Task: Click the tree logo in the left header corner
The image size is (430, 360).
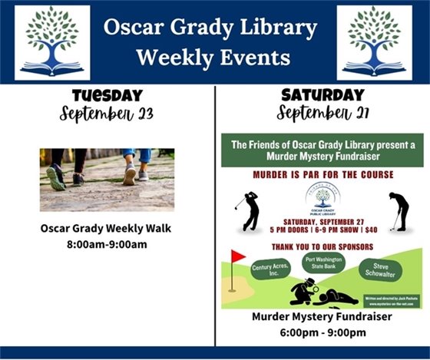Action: [x=52, y=42]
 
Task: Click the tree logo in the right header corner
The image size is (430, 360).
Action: [x=374, y=42]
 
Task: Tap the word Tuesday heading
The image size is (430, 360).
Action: [x=107, y=96]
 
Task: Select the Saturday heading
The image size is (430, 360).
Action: [x=322, y=96]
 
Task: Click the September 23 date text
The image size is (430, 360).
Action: [x=107, y=116]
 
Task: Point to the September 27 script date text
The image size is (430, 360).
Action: [x=322, y=116]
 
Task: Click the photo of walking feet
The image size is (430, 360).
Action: [x=107, y=180]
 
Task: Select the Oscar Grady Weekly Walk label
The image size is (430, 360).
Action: [x=107, y=229]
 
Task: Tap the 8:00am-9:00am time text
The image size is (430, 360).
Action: [x=107, y=246]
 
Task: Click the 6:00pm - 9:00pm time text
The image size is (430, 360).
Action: [x=322, y=332]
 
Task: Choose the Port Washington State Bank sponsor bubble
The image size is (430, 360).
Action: [x=322, y=262]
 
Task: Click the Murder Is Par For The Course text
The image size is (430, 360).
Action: [x=322, y=174]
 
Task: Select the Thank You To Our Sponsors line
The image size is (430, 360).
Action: [x=322, y=247]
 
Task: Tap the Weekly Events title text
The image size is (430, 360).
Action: [x=213, y=58]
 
